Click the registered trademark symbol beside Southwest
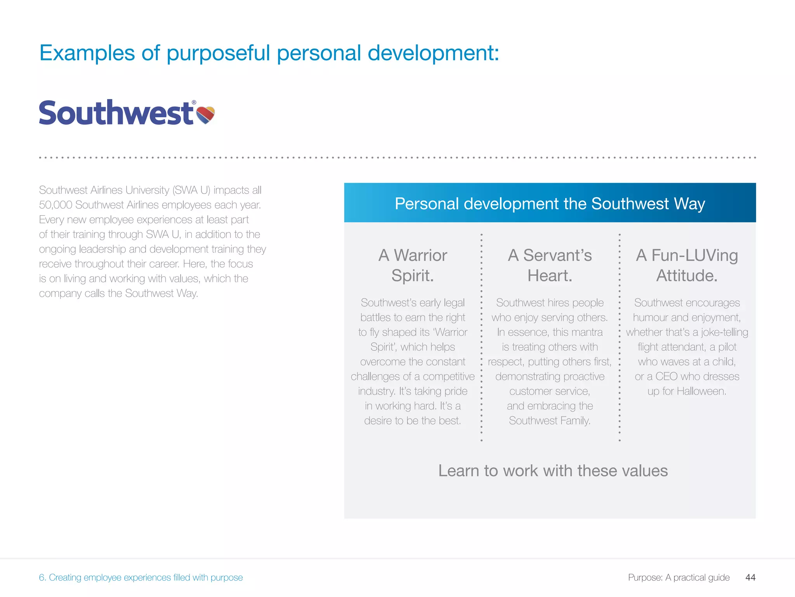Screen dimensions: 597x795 point(194,103)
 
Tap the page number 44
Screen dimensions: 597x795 point(750,578)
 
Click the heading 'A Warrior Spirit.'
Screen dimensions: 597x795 point(413,265)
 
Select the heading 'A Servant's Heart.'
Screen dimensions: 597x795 point(550,265)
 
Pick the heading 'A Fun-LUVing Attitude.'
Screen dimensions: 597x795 point(687,265)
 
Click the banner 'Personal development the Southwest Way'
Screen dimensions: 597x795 point(550,204)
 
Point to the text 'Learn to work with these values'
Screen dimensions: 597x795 point(553,471)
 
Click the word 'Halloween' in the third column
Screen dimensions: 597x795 point(701,391)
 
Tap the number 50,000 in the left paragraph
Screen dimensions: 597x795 point(56,205)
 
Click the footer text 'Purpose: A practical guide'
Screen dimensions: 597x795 point(679,578)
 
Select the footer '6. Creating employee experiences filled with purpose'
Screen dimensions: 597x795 point(141,578)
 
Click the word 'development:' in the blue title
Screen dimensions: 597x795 point(433,53)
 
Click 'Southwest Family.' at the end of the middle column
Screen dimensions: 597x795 point(550,421)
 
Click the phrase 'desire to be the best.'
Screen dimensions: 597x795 point(412,421)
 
